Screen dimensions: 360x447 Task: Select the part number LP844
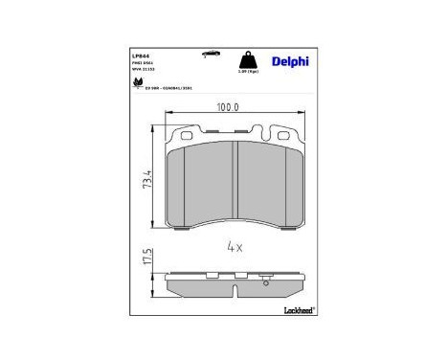140,55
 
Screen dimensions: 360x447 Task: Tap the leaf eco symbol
140,82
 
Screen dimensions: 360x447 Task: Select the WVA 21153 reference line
143,71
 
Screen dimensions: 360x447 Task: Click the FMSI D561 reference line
142,64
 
